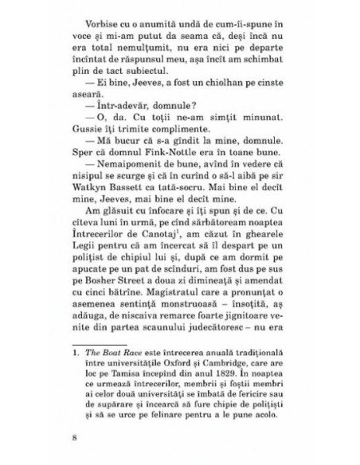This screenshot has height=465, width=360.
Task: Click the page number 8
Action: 73,455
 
